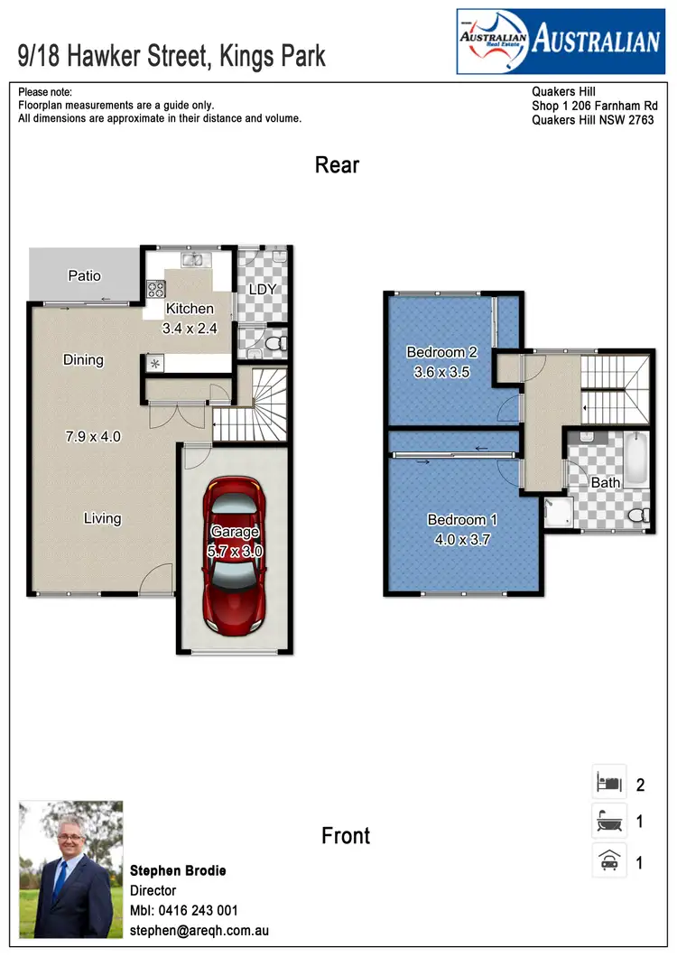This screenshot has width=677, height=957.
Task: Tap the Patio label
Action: [85, 275]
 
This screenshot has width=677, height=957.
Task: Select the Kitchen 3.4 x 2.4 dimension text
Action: [190, 329]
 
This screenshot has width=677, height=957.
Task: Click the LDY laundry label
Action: [262, 290]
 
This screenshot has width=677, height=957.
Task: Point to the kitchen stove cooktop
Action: [156, 289]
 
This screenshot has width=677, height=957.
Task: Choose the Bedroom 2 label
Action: [441, 352]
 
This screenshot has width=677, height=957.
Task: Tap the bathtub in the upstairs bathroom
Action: [636, 459]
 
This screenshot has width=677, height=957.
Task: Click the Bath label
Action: [606, 482]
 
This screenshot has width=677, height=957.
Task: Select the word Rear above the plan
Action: [338, 165]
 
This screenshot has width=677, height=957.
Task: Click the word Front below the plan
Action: [346, 835]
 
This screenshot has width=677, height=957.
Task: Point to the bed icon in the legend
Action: [607, 783]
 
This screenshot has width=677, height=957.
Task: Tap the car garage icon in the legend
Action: [607, 861]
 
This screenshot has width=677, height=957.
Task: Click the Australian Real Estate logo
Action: [560, 41]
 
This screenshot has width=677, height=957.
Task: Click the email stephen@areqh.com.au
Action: [199, 930]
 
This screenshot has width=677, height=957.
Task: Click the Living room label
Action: [103, 518]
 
